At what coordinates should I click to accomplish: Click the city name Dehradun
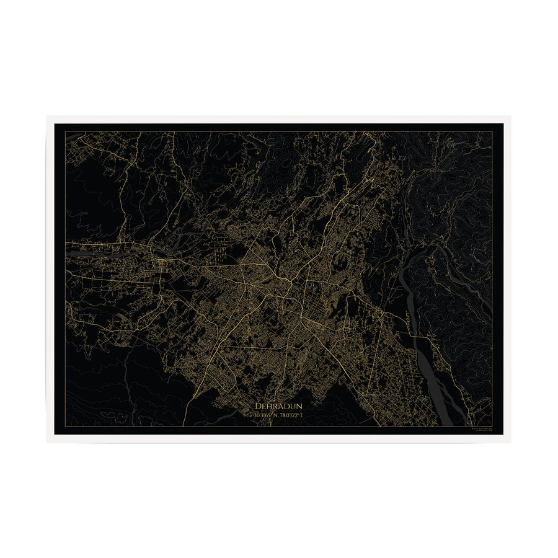pos(278,405)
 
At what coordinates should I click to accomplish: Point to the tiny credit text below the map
pos(477,430)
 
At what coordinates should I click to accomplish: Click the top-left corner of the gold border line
pos(65,131)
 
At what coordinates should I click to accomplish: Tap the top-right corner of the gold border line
pos(492,131)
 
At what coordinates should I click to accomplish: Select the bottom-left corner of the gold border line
pos(65,427)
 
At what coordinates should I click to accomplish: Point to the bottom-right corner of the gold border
pos(492,427)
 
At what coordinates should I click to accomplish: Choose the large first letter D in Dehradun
pos(257,405)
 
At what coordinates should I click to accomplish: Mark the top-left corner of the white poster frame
pos(46,116)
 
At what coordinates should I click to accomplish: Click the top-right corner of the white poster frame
pos(511,116)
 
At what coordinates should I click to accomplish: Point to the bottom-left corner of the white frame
pos(46,442)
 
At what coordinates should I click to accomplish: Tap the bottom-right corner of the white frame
pos(511,442)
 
